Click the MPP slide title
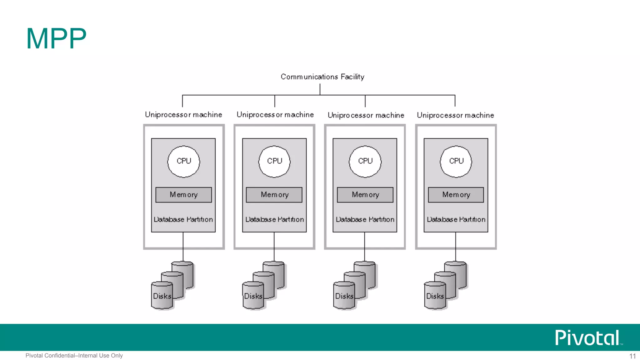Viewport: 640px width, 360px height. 56,39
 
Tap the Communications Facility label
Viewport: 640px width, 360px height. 322,77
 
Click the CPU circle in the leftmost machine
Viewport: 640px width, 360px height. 184,161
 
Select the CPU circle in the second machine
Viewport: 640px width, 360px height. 274,161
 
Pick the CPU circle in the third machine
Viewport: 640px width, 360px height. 365,161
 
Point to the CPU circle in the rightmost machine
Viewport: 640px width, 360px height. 456,161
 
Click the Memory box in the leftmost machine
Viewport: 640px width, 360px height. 184,195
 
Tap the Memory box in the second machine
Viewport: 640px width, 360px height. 274,195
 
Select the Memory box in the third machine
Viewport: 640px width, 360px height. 365,195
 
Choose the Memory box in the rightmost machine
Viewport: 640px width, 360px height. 456,195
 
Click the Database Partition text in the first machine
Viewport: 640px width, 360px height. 183,219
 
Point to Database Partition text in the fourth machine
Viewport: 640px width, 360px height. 456,219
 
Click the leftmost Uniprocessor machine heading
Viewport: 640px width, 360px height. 183,115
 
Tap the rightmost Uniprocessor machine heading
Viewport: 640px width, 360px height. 455,115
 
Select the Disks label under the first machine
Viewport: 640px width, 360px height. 162,296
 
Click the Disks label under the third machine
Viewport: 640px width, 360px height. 344,296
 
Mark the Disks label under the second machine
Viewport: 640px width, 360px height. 253,296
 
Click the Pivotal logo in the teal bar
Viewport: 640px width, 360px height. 587,338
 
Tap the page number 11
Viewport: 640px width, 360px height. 632,356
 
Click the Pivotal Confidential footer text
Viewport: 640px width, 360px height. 74,356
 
